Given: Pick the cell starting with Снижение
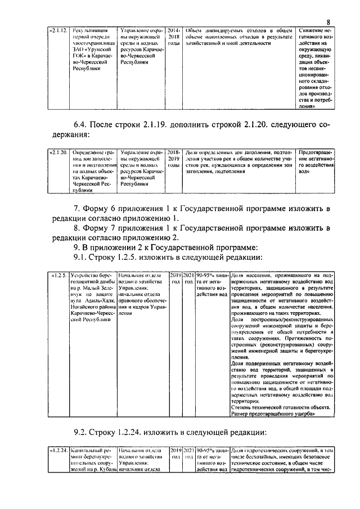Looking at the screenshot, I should pyautogui.click(x=317, y=67).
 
